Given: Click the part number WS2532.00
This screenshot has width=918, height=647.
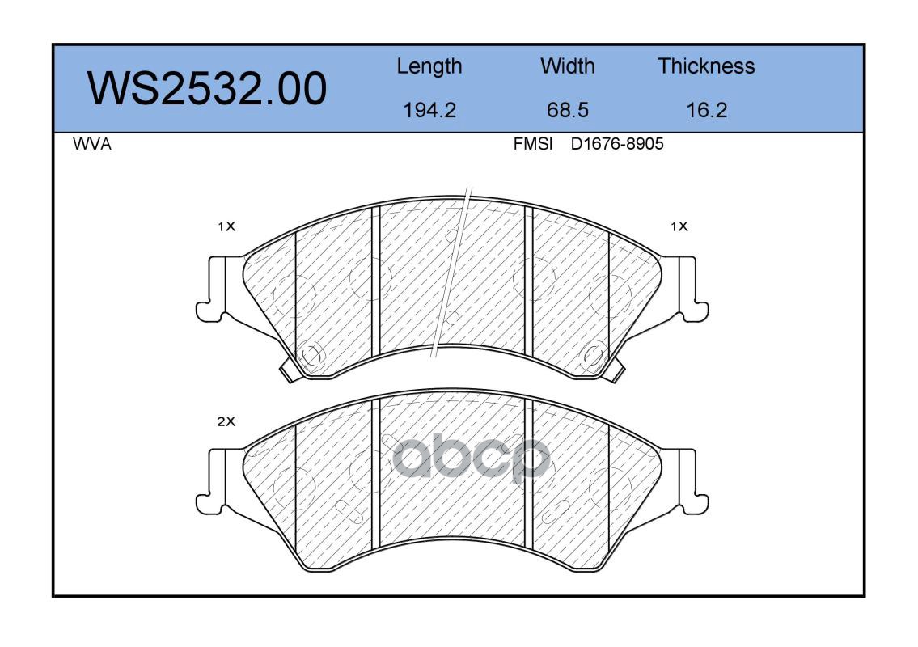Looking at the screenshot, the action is tap(207, 89).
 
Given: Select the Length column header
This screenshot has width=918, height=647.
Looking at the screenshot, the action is tap(429, 67).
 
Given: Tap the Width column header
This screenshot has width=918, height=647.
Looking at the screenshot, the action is tap(567, 66).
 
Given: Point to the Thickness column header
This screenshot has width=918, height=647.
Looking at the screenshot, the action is tap(706, 66).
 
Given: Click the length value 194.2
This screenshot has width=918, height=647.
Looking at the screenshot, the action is tap(429, 110).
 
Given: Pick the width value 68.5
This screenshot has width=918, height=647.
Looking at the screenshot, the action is tap(567, 110).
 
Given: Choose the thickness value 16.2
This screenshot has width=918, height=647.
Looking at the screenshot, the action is tap(707, 110).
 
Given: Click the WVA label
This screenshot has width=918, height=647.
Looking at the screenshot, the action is tap(92, 144).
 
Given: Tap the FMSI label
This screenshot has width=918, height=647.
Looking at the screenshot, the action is tap(533, 144).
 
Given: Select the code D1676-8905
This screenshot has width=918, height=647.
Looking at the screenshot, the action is tap(617, 144).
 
